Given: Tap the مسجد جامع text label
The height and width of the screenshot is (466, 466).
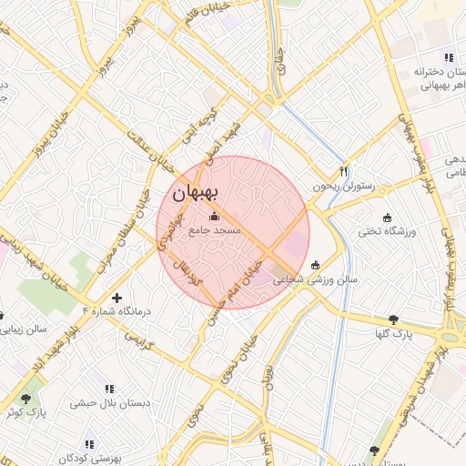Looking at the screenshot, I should click(x=215, y=231).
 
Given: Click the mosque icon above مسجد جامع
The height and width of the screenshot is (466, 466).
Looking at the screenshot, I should click(x=215, y=216).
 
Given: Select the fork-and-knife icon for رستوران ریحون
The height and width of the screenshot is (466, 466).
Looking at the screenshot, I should click(x=344, y=170).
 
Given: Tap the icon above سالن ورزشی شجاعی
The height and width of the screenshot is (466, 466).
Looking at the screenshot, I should click(x=316, y=265).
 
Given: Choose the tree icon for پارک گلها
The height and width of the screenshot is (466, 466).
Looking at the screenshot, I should click(x=393, y=319).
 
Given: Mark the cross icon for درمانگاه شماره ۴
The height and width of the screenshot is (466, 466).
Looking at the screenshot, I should click(x=116, y=298).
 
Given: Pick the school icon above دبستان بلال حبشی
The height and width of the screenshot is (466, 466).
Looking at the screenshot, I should click(x=109, y=389).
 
